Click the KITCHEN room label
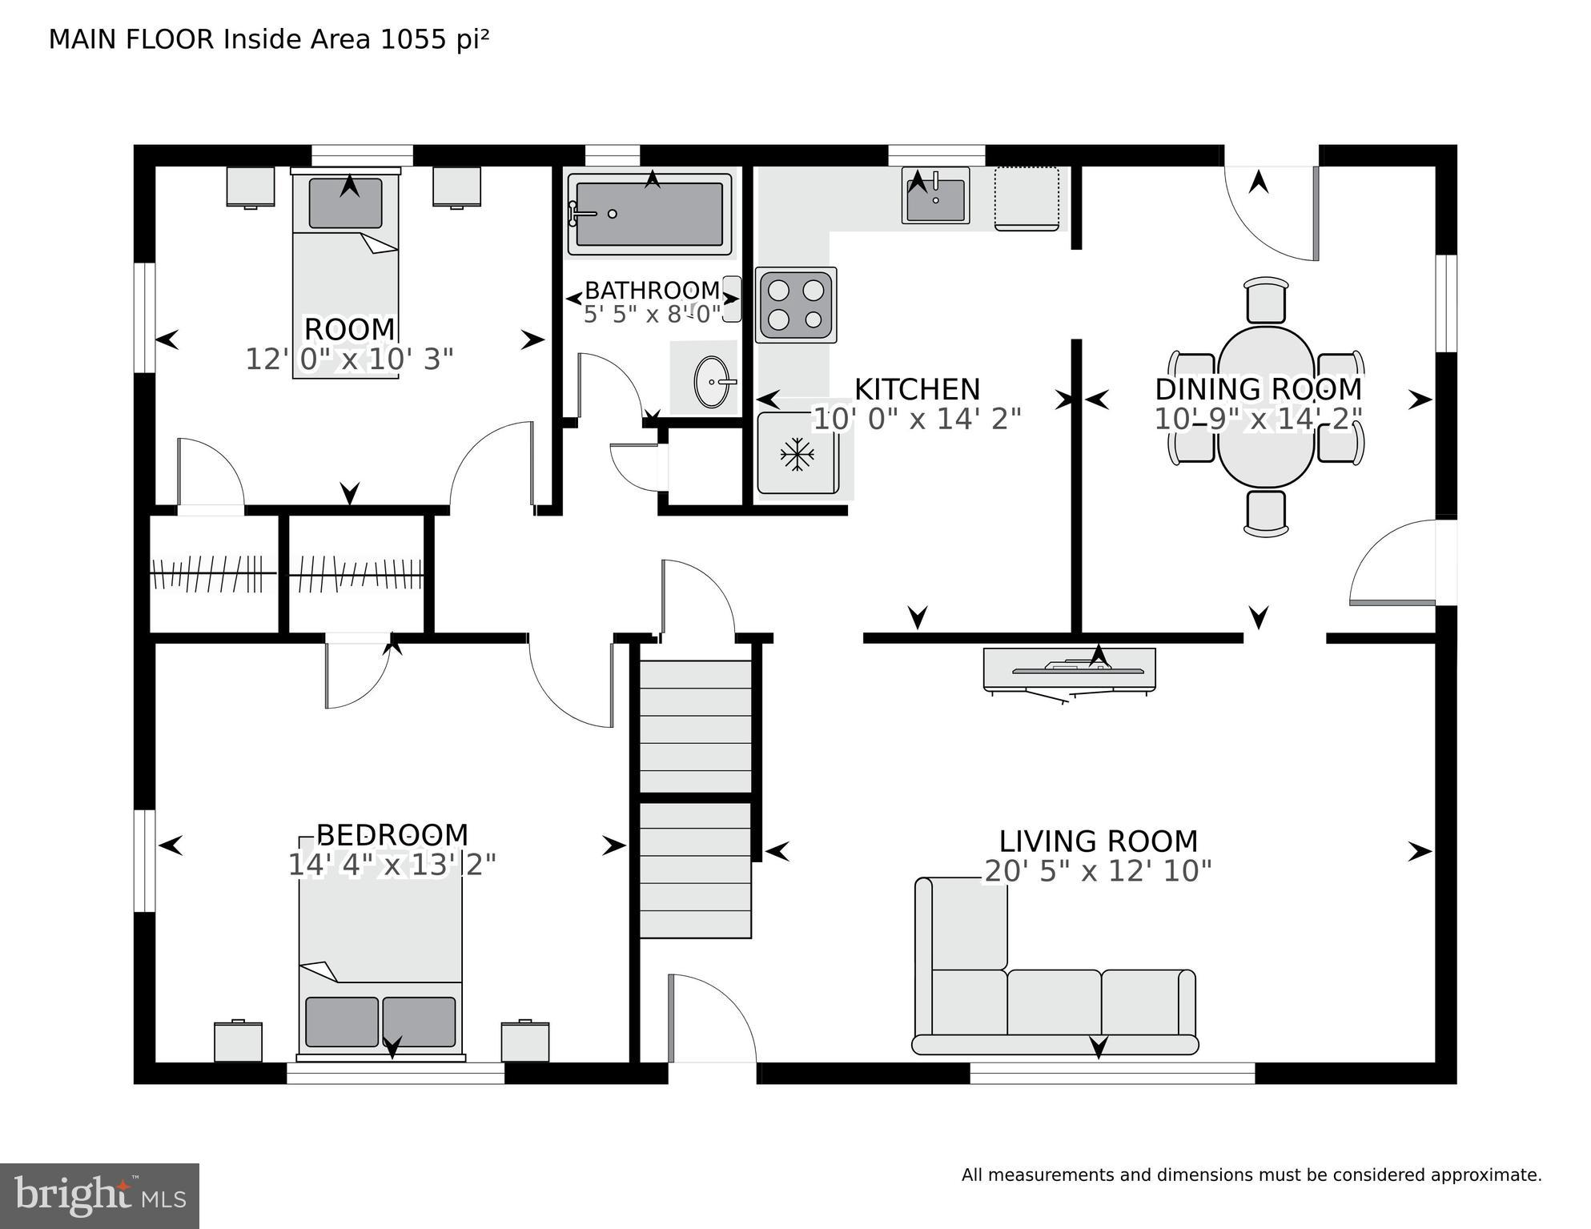tap(917, 389)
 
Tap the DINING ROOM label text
tap(1258, 389)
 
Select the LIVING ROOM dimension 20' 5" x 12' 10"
tap(1098, 871)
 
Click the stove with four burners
tap(796, 304)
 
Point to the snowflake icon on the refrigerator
tap(797, 454)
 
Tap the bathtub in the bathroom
tap(649, 214)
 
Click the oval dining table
tap(1266, 406)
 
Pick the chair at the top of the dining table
tap(1266, 300)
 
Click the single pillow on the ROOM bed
tap(345, 203)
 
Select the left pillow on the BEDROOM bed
tap(341, 1022)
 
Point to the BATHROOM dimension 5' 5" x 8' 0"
tap(652, 314)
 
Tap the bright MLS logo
tap(99, 1195)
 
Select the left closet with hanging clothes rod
tap(214, 574)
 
